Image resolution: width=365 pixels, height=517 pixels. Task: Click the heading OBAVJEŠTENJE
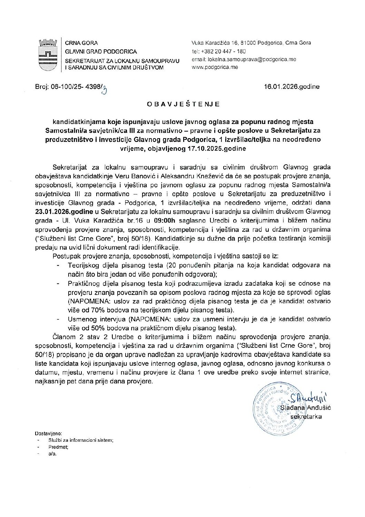click(183, 104)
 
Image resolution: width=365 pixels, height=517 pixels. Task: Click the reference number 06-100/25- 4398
click(69, 87)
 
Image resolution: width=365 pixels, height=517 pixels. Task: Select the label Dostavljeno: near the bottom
click(48, 433)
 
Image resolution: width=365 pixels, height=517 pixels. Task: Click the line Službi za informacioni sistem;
click(81, 440)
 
